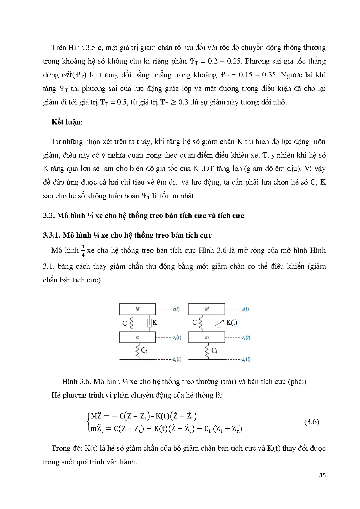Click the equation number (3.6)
click(312, 422)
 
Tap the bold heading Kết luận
click(66, 122)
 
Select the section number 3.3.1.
click(52, 235)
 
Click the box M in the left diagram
click(137, 309)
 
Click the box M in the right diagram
click(206, 309)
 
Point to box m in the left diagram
click(137, 337)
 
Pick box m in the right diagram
click(206, 337)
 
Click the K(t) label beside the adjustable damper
click(232, 322)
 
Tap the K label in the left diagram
click(155, 322)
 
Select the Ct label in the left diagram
click(144, 351)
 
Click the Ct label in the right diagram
click(215, 351)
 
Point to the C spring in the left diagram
click(131, 323)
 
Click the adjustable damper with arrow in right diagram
click(219, 323)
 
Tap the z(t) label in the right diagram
click(245, 309)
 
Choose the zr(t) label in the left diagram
click(177, 359)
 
